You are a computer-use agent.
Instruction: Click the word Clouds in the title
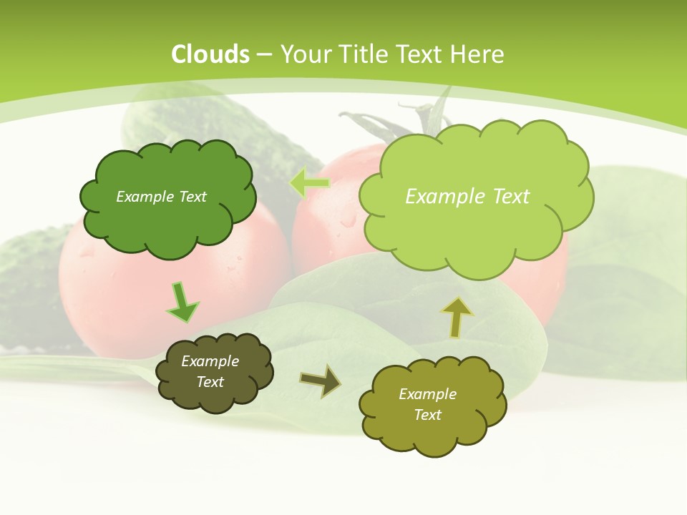(x=210, y=54)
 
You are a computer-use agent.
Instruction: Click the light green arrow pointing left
(x=309, y=183)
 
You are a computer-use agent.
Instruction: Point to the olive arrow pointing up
(x=457, y=318)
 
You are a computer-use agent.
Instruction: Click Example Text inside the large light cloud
(x=467, y=197)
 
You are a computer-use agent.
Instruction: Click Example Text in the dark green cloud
(x=161, y=197)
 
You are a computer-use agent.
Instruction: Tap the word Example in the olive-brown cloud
(x=210, y=361)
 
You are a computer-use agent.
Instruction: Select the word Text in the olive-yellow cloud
(x=427, y=415)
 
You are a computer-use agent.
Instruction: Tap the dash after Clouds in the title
(x=263, y=55)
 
